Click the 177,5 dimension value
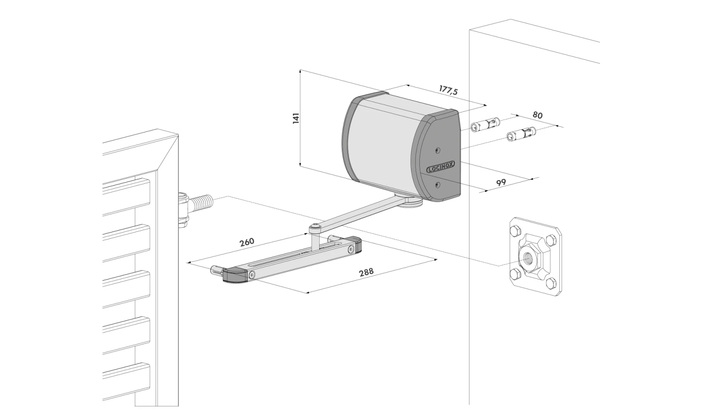pyautogui.click(x=448, y=90)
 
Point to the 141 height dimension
pyautogui.click(x=295, y=118)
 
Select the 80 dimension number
pyautogui.click(x=538, y=116)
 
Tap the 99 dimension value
pyautogui.click(x=501, y=182)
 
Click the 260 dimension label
pyautogui.click(x=247, y=242)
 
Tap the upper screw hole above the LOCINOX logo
pyautogui.click(x=437, y=150)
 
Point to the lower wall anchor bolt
pyautogui.click(x=520, y=134)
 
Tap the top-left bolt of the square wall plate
pyautogui.click(x=516, y=231)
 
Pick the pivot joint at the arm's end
pyautogui.click(x=314, y=228)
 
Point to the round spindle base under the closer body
pyautogui.click(x=412, y=201)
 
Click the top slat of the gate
pyautogui.click(x=126, y=189)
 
